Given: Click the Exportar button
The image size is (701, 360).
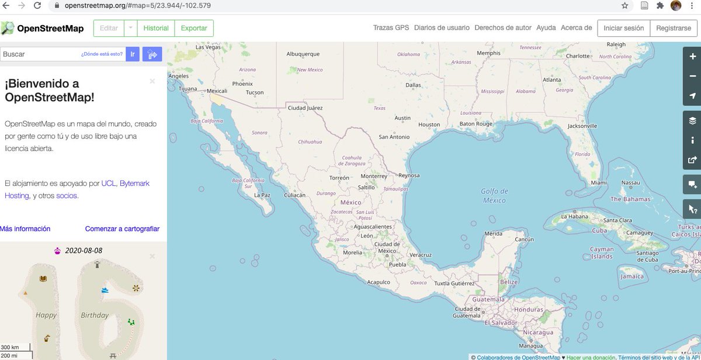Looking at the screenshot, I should point(194,28).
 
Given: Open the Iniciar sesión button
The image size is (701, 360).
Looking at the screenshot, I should point(623,27).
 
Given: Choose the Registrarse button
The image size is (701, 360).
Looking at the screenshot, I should point(673,27).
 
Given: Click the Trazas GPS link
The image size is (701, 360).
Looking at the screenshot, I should point(391,27).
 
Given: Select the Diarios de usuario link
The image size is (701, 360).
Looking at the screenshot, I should point(441,27).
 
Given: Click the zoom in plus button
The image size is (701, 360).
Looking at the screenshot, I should point(692,56).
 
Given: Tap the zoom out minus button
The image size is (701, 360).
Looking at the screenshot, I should point(692,76).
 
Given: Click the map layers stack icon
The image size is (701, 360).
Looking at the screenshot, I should point(692,121).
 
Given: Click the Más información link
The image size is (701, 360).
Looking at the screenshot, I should point(25,229).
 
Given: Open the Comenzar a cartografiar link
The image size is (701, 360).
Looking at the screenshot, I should point(122,229).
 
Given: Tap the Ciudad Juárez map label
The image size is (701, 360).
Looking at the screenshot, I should point(305,108).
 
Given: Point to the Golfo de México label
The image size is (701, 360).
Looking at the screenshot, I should point(494,196).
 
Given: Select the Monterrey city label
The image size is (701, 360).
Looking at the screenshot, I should point(374,176).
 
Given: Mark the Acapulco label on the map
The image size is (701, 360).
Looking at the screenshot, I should point(378,282).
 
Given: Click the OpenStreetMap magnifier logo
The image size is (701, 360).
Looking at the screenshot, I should point(8,28).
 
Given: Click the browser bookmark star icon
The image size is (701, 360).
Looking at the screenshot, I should point(624,6).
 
